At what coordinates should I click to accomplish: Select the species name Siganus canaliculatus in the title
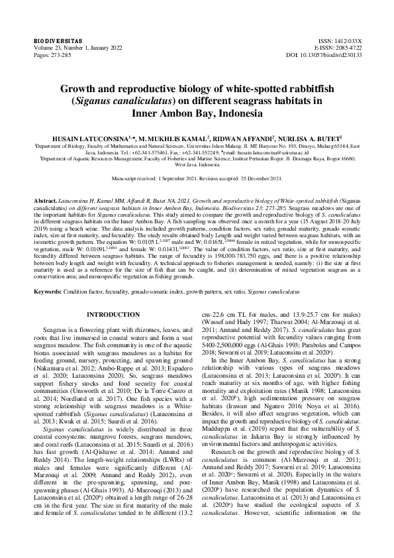point(142,101)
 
